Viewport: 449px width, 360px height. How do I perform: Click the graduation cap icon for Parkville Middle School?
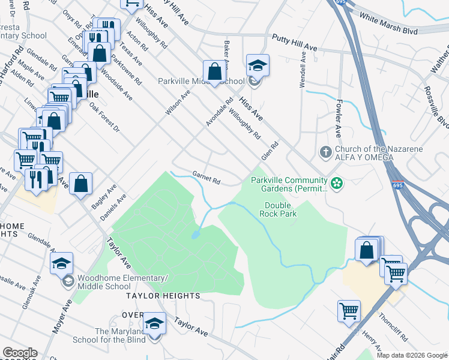point(258,65)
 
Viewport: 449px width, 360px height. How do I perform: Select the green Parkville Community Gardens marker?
point(337,182)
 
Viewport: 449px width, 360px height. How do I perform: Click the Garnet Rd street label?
point(206,178)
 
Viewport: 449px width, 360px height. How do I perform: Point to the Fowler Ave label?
point(339,118)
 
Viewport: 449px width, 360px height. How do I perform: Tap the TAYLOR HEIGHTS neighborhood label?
point(162,296)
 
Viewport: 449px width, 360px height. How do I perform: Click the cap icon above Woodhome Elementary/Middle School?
point(61,263)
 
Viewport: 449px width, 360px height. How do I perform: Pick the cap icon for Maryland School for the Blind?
point(155,323)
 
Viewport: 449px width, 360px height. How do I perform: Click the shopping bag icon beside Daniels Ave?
point(80,184)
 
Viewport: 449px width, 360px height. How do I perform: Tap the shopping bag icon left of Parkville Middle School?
point(214,72)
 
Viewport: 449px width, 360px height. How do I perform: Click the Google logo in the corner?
point(19,353)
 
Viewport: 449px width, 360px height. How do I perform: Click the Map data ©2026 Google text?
point(411,355)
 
